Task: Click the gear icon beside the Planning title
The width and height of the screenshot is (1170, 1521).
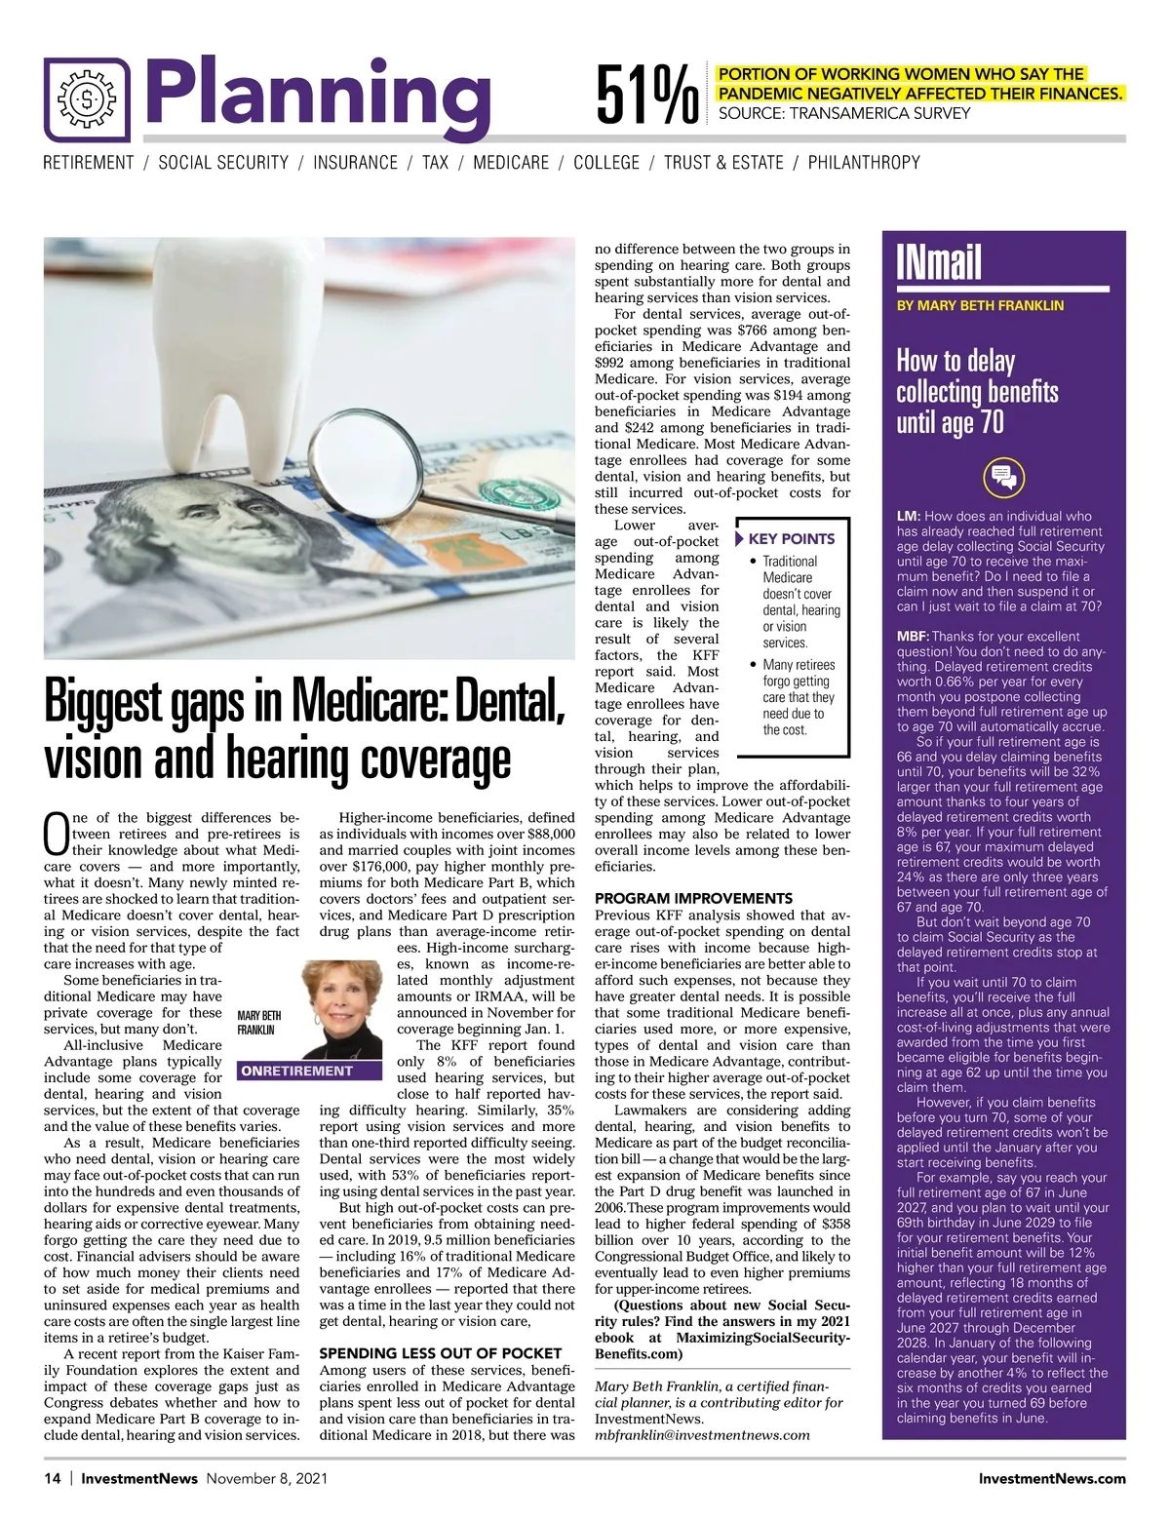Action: (87, 98)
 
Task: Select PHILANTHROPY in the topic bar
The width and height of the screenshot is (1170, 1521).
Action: (864, 163)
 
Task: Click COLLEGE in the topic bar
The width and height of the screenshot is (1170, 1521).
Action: (606, 163)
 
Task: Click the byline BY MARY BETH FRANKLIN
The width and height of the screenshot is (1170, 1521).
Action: (980, 305)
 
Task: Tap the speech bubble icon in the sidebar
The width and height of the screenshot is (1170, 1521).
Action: (1003, 478)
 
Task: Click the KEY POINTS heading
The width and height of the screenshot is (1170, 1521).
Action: (791, 538)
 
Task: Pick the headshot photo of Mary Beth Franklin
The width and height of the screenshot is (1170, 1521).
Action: (341, 1009)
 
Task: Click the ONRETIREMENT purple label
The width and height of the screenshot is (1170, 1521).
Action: (296, 1071)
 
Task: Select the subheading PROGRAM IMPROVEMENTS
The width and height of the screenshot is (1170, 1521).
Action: (693, 898)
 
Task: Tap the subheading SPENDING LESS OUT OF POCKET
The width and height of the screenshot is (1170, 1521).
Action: (440, 1353)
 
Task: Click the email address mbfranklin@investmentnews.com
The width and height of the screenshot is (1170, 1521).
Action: (702, 1434)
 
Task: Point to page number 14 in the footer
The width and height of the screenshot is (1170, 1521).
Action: (52, 1478)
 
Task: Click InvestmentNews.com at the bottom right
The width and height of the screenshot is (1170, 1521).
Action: (1051, 1478)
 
